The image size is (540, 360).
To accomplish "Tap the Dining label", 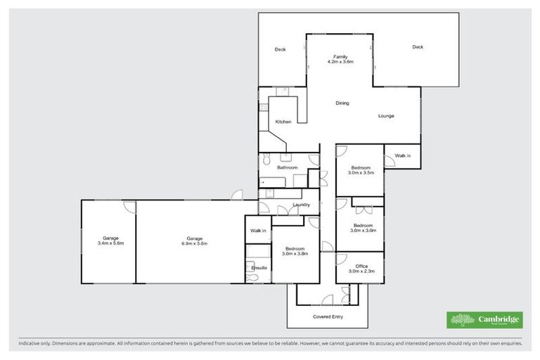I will click(342, 103).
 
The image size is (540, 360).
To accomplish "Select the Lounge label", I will click(386, 116).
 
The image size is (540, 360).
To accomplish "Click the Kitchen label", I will click(283, 122).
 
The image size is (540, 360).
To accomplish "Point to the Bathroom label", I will click(287, 167).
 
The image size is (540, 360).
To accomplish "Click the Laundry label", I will click(302, 205).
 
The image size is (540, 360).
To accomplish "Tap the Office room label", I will click(361, 266).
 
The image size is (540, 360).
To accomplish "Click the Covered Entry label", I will click(327, 317).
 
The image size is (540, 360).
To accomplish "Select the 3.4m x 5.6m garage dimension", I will click(110, 243).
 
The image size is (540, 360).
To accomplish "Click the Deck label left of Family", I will click(280, 49).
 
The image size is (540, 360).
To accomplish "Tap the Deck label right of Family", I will click(418, 47).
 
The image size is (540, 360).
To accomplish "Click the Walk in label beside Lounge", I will click(402, 155).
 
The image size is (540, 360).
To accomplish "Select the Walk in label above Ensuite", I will click(258, 230).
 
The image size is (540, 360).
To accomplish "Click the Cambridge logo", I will click(485, 320).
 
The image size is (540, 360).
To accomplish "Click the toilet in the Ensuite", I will click(253, 278).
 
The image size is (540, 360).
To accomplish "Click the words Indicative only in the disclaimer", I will click(37, 343).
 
